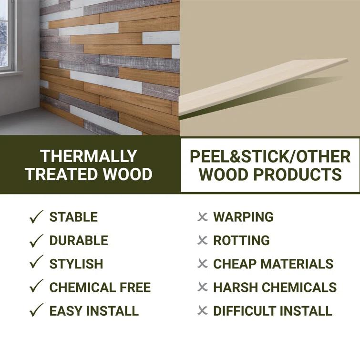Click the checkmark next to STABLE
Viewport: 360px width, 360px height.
[36, 217]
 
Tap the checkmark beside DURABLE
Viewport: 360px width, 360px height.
[36, 240]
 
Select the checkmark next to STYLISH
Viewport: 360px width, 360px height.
[36, 263]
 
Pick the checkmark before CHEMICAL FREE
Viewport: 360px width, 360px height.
[36, 287]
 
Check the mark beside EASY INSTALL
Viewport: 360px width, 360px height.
[36, 311]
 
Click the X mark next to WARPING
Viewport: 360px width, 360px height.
[203, 217]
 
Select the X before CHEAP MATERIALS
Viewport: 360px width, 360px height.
[203, 264]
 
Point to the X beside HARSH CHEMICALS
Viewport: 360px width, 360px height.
[203, 288]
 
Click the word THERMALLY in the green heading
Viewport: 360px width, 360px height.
[89, 156]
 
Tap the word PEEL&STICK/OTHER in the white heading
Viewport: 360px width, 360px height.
[270, 156]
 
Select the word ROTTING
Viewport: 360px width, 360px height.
[241, 241]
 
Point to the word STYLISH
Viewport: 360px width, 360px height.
[76, 264]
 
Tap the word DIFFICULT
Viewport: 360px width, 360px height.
[246, 311]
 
